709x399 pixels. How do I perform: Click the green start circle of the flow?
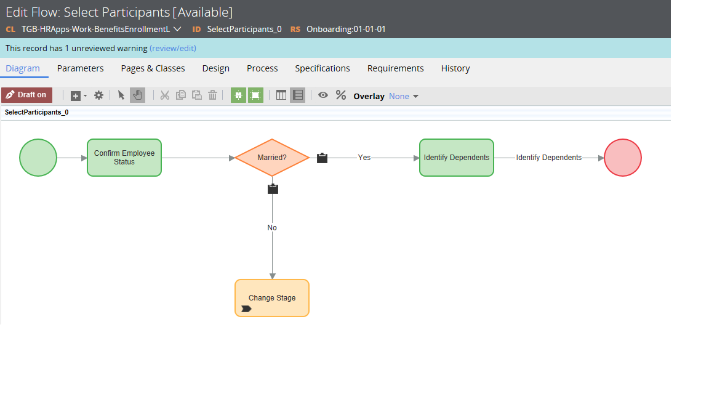(x=38, y=158)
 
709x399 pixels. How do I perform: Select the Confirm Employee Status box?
(x=124, y=158)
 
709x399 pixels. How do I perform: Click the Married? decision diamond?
(x=272, y=158)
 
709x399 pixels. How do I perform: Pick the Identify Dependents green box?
(x=456, y=158)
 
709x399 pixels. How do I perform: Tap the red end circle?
(x=623, y=158)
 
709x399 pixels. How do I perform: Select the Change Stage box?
(x=272, y=297)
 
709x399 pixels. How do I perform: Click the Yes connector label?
(x=364, y=158)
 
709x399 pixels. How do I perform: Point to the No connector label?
(x=272, y=228)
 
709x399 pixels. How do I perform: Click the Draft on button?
(x=26, y=95)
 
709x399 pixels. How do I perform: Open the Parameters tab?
(x=80, y=68)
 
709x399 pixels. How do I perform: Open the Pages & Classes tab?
(x=153, y=68)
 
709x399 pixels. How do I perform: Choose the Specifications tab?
(x=322, y=68)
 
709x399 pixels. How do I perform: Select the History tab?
(x=455, y=68)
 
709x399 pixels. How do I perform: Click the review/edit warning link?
(x=173, y=49)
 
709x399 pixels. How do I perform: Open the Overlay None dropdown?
(x=403, y=96)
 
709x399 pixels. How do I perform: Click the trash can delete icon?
(x=212, y=95)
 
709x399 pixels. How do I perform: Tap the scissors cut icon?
(x=164, y=95)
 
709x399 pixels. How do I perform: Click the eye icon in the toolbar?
(x=323, y=95)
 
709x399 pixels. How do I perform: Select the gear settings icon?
(x=98, y=95)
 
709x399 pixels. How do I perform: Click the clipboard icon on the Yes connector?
(x=322, y=158)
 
